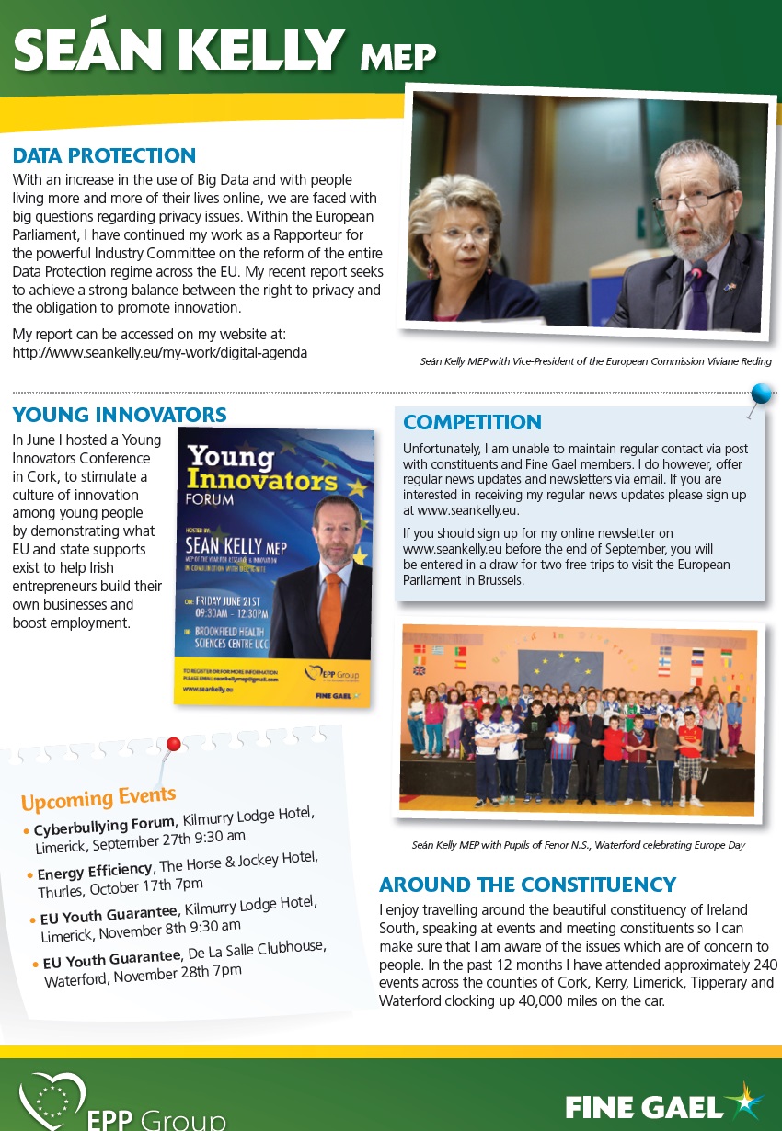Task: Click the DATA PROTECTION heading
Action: coord(104,155)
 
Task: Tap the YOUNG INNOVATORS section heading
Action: coord(120,415)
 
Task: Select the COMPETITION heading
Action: coord(472,423)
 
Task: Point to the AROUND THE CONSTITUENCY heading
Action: coord(527,885)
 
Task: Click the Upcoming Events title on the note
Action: coord(98,797)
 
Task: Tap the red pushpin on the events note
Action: coord(172,744)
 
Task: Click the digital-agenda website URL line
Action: coord(159,352)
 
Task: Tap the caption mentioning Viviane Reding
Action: coord(595,361)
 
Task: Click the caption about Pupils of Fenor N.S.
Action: coord(578,844)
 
